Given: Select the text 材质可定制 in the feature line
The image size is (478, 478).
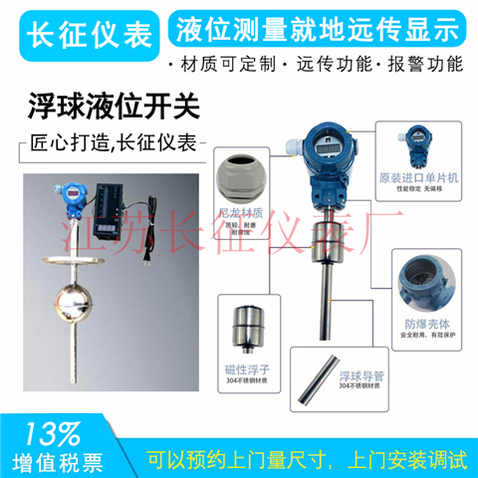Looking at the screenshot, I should click(225, 66).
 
